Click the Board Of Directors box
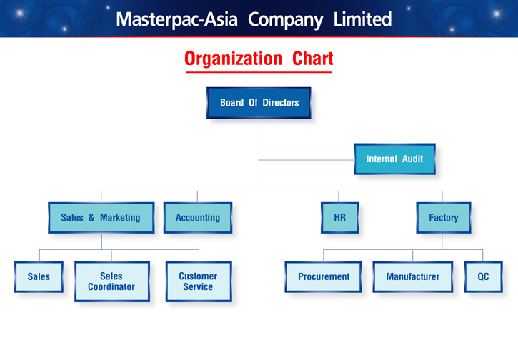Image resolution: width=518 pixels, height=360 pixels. tap(259, 103)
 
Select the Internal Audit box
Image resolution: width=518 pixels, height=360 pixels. tap(395, 159)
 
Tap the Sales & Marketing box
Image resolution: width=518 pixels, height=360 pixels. tap(101, 218)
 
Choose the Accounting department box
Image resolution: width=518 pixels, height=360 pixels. tap(198, 218)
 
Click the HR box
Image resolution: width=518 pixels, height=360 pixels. tap(339, 218)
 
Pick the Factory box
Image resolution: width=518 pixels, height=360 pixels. tap(444, 218)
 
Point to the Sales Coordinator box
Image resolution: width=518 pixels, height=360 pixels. tap(112, 281)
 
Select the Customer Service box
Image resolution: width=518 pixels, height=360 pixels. tap(199, 281)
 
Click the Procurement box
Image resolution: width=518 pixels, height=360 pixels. tap(323, 276)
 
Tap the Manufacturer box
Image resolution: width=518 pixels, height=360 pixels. tap(413, 276)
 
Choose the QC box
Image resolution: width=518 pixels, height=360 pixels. tap(483, 276)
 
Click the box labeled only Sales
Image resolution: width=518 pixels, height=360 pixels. tap(39, 276)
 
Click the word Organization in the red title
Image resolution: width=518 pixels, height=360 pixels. tap(233, 59)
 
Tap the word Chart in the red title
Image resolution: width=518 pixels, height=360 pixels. tap(312, 59)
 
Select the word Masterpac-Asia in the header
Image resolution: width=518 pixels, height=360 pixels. tap(176, 19)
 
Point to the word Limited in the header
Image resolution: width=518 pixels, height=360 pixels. tap(362, 19)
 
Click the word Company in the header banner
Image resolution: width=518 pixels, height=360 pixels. tap(285, 20)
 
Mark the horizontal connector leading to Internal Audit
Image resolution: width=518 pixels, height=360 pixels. tap(307, 160)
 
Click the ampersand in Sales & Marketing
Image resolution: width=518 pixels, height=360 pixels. tap(91, 217)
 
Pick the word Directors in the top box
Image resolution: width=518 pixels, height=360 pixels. tap(281, 103)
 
